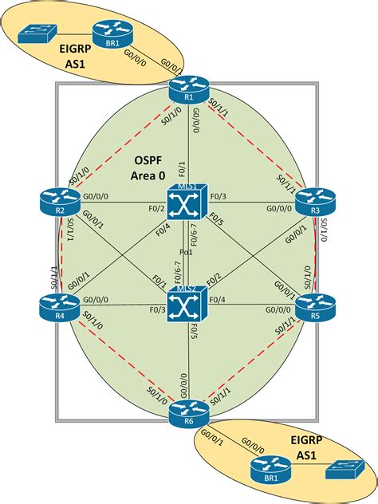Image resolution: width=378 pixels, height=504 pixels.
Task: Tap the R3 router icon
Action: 313,203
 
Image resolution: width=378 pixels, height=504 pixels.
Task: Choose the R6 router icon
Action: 188,411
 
